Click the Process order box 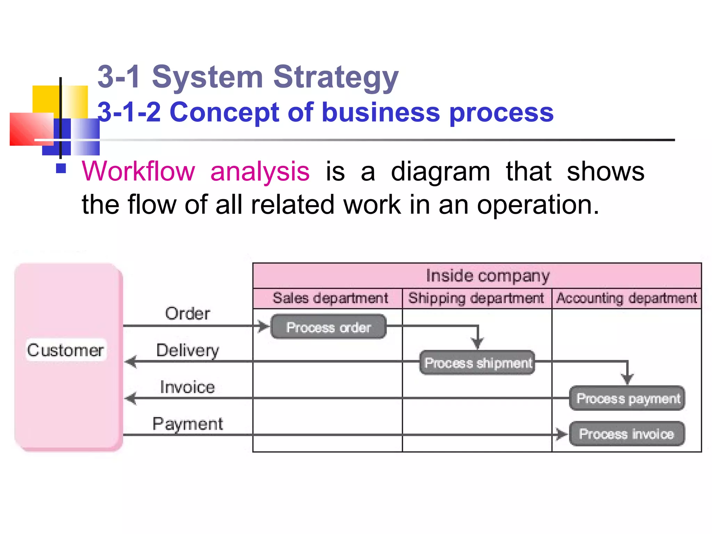click(328, 326)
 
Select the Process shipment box click(477, 363)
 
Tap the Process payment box click(627, 398)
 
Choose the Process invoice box click(627, 434)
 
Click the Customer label click(66, 350)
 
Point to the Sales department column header click(330, 298)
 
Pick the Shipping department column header click(476, 298)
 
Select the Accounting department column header click(626, 298)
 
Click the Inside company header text click(487, 276)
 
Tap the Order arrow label click(187, 314)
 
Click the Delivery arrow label click(188, 350)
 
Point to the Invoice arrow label click(187, 387)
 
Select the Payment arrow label click(188, 424)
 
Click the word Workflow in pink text click(138, 171)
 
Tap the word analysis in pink click(260, 171)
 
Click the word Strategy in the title click(335, 78)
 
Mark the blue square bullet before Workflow click(61, 168)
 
